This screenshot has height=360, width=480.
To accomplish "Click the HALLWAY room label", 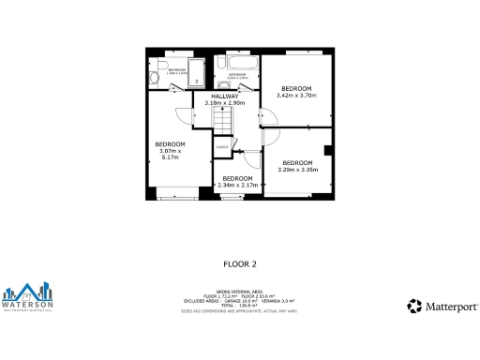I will pyautogui.click(x=224, y=97).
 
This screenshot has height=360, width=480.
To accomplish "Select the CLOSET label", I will pyautogui.click(x=222, y=146).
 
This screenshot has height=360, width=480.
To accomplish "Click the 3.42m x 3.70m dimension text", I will pyautogui.click(x=296, y=96).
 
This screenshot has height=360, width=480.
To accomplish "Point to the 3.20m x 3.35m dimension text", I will pyautogui.click(x=299, y=170).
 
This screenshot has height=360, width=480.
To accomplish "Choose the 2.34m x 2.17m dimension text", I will pyautogui.click(x=236, y=185).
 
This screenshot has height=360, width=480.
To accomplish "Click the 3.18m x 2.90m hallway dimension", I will pyautogui.click(x=224, y=103).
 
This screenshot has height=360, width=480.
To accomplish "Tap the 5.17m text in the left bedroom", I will pyautogui.click(x=170, y=158).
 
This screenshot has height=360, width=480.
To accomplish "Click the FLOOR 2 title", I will pyautogui.click(x=240, y=264).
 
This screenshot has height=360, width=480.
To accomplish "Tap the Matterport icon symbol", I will pyautogui.click(x=413, y=306).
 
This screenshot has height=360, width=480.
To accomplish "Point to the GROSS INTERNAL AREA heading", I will pyautogui.click(x=239, y=292).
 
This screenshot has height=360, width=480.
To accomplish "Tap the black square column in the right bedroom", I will pyautogui.click(x=327, y=151).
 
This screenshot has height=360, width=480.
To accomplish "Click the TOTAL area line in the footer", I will pyautogui.click(x=239, y=306).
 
